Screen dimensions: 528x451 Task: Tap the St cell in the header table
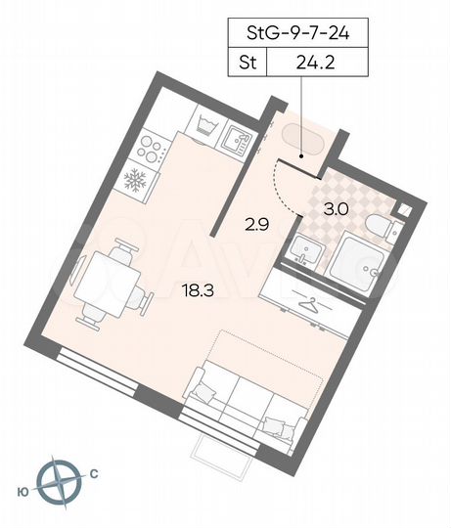pyautogui.click(x=247, y=65)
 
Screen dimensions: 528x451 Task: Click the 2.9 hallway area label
pyautogui.click(x=256, y=224)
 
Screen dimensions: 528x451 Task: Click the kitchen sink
pyautogui.click(x=236, y=141)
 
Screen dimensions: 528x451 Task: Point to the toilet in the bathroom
pyautogui.click(x=376, y=226)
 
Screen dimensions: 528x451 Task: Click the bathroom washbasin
pyautogui.click(x=302, y=253)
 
